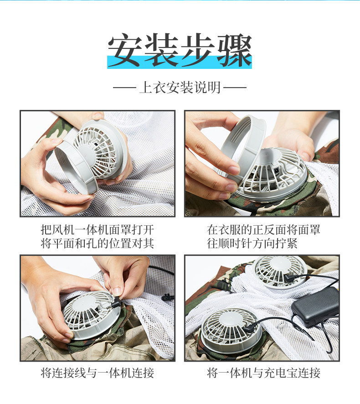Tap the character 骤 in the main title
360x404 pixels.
(234, 50)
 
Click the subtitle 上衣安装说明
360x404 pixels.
(180, 88)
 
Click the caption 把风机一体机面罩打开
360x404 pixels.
(98, 229)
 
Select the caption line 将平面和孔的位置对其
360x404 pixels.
(98, 243)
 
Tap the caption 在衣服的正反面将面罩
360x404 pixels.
(263, 229)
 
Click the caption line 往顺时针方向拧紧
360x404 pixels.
(252, 243)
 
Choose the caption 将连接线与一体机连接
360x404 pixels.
(98, 373)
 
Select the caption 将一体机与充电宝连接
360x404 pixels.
(263, 373)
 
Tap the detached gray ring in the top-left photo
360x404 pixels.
(76, 167)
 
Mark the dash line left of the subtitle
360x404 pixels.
(124, 88)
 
